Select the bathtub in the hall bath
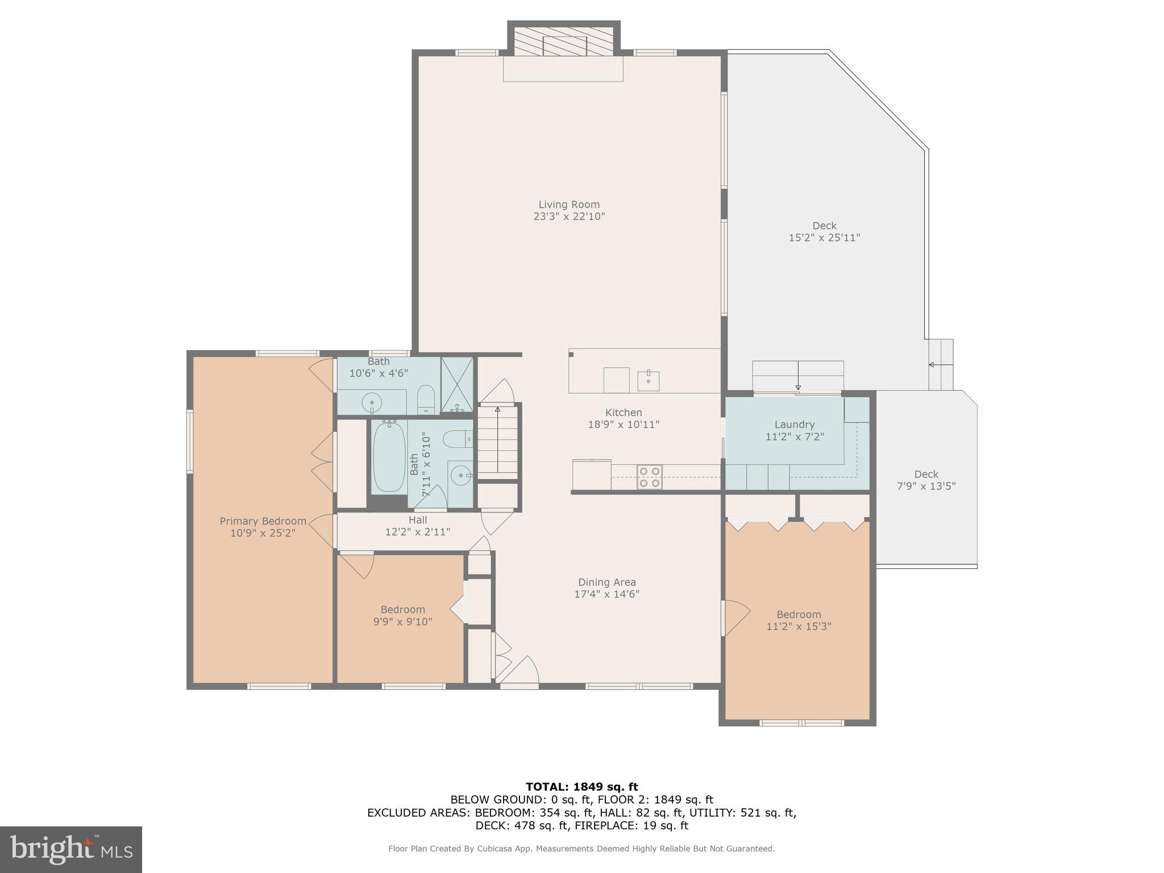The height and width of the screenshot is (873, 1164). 389,456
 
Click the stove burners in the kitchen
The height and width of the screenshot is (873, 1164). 650,477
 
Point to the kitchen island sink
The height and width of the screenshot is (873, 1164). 648,381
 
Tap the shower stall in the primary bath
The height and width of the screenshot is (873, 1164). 457,385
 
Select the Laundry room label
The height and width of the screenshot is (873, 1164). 795,425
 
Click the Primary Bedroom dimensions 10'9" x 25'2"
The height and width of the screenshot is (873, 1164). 263,533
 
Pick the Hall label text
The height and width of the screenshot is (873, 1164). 418,520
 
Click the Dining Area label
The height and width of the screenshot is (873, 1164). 607,582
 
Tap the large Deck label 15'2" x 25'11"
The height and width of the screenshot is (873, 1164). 824,232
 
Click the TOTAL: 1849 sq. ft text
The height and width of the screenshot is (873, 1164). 582,787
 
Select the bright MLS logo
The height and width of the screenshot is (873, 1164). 71,849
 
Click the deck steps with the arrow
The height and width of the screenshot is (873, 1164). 941,365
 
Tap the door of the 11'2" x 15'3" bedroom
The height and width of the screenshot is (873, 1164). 737,618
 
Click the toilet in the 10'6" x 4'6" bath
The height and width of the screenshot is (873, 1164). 426,400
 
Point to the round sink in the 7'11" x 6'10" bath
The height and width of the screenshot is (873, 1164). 460,473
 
